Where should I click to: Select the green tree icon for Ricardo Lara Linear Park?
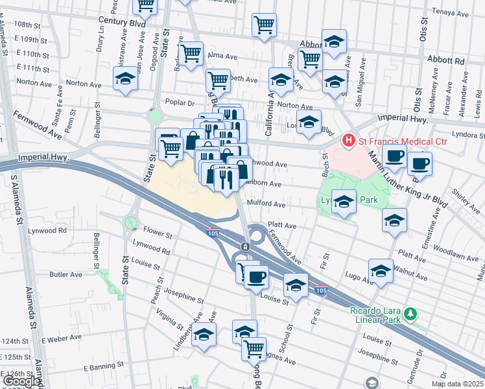409,315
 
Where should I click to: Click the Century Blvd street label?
122,21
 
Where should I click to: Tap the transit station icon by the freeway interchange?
245,247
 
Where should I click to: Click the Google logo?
21,381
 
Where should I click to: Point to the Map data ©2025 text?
457,384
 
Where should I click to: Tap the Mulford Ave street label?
266,204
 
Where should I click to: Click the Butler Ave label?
65,274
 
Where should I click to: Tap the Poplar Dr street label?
180,102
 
